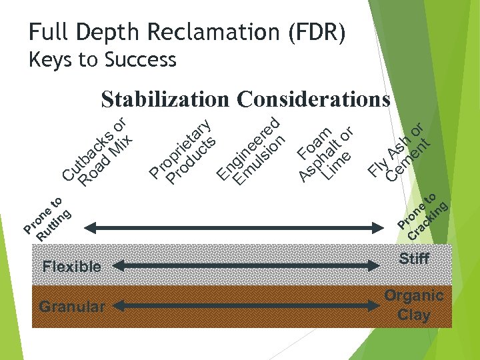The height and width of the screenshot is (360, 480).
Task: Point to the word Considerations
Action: tap(313, 99)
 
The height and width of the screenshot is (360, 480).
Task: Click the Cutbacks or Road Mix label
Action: tap(99, 152)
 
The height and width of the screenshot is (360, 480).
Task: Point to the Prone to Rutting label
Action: tap(45, 219)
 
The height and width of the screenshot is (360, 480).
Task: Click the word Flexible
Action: tap(72, 267)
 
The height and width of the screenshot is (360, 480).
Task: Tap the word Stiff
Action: tap(413, 259)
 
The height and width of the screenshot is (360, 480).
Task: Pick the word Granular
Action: tap(72, 307)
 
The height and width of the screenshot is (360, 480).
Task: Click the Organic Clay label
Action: tap(413, 305)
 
